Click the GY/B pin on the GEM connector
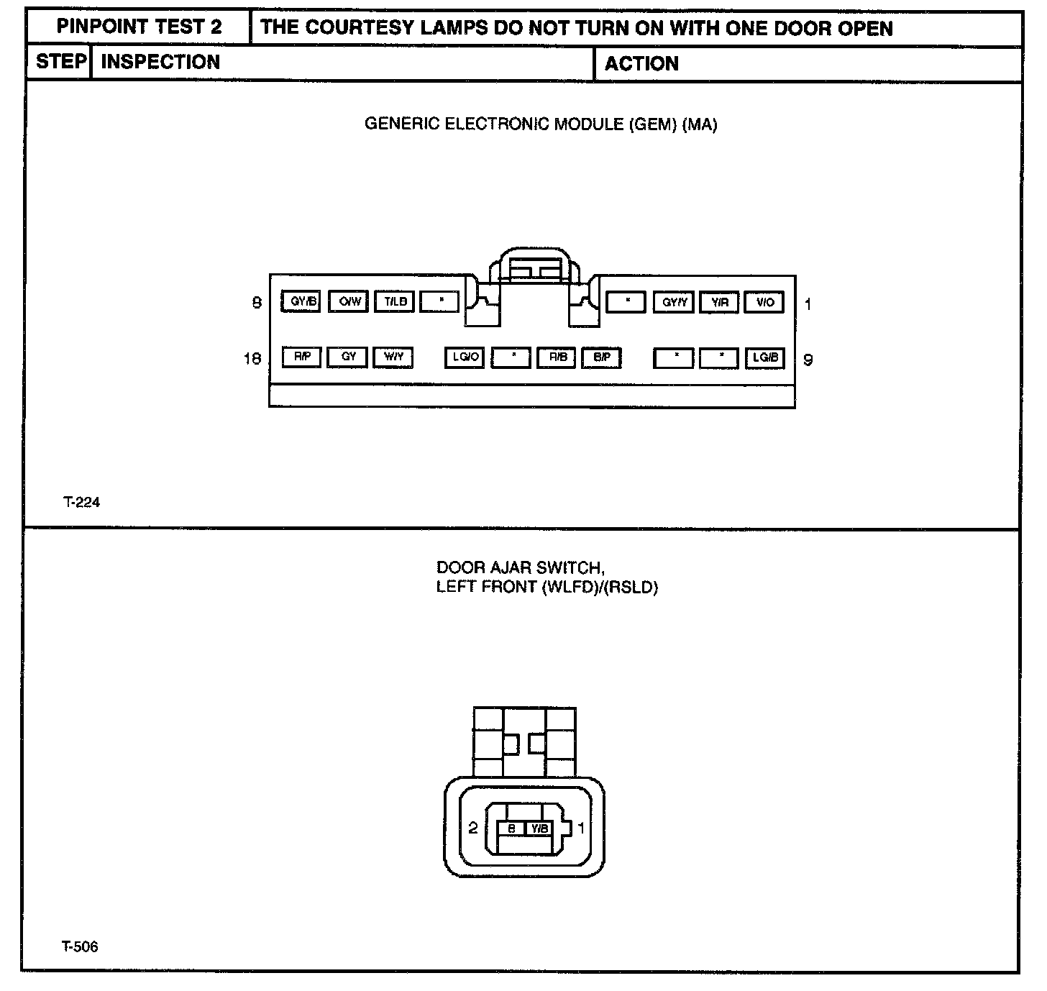tap(301, 301)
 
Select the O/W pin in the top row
tap(349, 301)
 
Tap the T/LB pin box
tap(395, 301)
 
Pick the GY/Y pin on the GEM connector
tap(673, 303)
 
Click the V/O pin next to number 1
tap(764, 303)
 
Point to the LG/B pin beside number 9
tap(764, 357)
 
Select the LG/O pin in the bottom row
tap(465, 357)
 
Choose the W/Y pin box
tap(393, 357)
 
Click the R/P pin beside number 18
tap(301, 357)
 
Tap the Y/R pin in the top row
tap(719, 303)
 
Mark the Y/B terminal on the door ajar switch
tap(539, 828)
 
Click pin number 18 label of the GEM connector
tap(252, 358)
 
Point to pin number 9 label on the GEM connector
tap(808, 360)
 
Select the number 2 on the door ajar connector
tap(473, 828)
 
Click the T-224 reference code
tap(81, 503)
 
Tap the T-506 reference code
tap(80, 946)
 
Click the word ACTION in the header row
tap(641, 64)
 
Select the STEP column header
tap(60, 62)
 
